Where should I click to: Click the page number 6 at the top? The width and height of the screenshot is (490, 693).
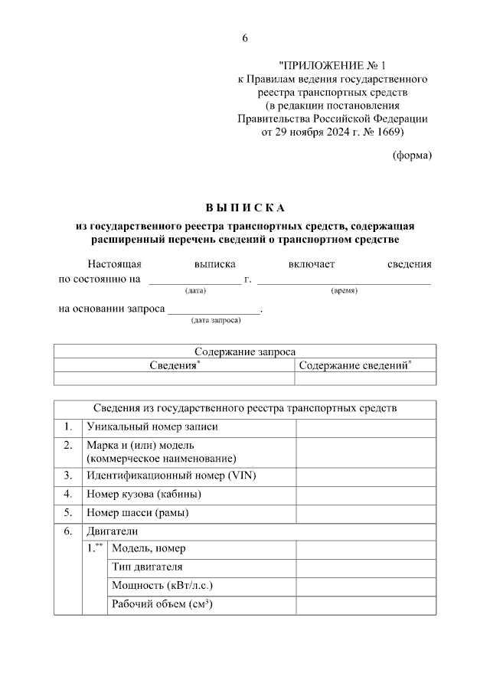tap(245, 38)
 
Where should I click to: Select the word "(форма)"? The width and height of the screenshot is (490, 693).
tap(412, 155)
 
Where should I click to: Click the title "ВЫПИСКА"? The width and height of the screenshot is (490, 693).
tap(244, 208)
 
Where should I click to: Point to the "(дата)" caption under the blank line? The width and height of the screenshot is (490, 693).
tap(195, 291)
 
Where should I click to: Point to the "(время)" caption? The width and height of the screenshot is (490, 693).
tap(344, 291)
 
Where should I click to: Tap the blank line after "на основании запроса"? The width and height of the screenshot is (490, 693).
tap(214, 310)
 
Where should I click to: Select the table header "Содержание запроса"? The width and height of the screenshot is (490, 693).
tap(244, 352)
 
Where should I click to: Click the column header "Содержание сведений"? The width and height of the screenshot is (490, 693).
tap(354, 365)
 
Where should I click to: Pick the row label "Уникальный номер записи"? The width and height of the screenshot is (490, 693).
tap(152, 427)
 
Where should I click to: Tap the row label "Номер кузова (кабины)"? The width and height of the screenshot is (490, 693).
tap(145, 494)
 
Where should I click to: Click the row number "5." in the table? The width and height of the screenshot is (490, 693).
tap(68, 512)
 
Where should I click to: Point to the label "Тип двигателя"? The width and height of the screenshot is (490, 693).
tap(147, 567)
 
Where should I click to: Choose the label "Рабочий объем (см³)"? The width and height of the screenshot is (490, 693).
tap(162, 604)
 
